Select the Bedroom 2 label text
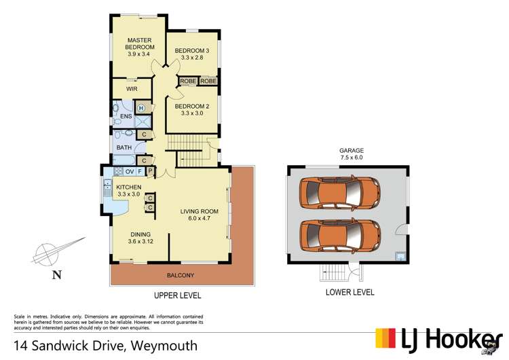[191, 110]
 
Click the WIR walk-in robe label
[133, 88]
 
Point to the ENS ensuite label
[126, 117]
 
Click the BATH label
[124, 147]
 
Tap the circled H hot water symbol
[141, 108]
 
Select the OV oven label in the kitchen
[128, 172]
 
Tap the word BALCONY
[181, 275]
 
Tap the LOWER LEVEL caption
[350, 293]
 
